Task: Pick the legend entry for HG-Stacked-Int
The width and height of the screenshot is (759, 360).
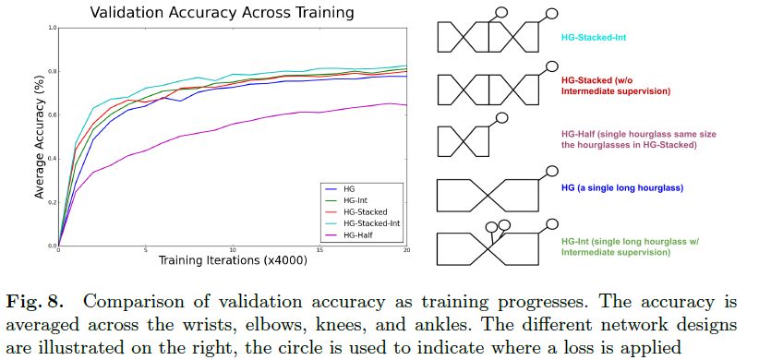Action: pyautogui.click(x=372, y=223)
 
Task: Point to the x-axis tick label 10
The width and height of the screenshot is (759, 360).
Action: pyautogui.click(x=232, y=251)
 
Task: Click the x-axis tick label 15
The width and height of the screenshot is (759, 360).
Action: pyautogui.click(x=319, y=251)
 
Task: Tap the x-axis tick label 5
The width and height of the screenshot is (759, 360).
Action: pyautogui.click(x=145, y=251)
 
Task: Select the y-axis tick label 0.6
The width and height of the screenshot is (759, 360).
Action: pyautogui.click(x=49, y=114)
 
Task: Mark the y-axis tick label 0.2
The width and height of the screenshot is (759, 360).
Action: pyautogui.click(x=49, y=202)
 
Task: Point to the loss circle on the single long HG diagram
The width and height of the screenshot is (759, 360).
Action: pyautogui.click(x=553, y=171)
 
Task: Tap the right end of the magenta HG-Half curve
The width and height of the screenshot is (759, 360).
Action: pyautogui.click(x=405, y=105)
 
